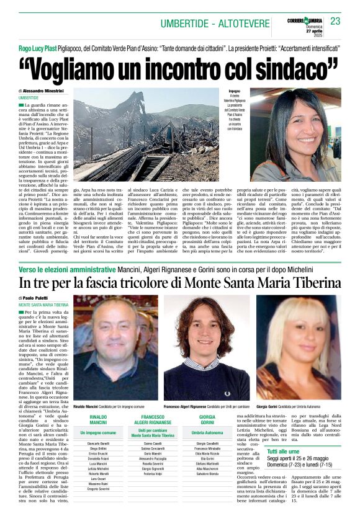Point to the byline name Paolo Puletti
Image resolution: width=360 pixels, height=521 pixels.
click(42, 298)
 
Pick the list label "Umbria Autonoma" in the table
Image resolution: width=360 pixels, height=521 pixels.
click(207, 432)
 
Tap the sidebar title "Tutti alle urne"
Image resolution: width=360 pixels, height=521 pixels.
click(284, 452)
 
